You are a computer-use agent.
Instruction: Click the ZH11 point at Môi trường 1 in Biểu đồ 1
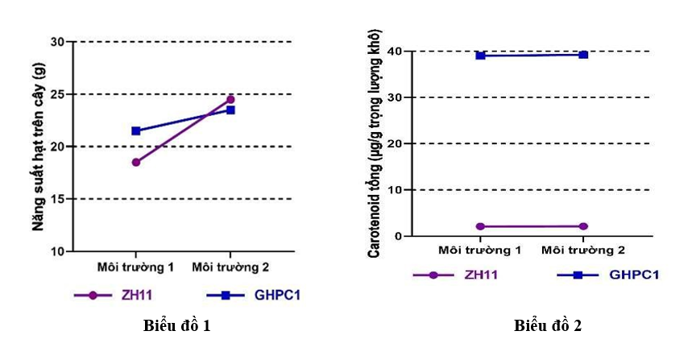[136, 163]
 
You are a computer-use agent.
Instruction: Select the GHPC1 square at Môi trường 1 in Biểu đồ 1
[136, 131]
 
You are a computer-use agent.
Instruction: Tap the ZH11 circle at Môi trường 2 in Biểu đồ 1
[230, 99]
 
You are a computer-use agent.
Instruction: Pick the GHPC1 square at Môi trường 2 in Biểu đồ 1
[230, 110]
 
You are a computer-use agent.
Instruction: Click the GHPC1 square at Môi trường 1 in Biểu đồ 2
[480, 56]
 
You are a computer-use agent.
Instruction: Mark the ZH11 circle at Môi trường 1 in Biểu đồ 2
[480, 226]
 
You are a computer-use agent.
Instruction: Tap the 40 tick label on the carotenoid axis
[394, 52]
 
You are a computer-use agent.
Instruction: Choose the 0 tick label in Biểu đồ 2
[398, 236]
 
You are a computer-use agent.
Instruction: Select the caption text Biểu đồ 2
[548, 326]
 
